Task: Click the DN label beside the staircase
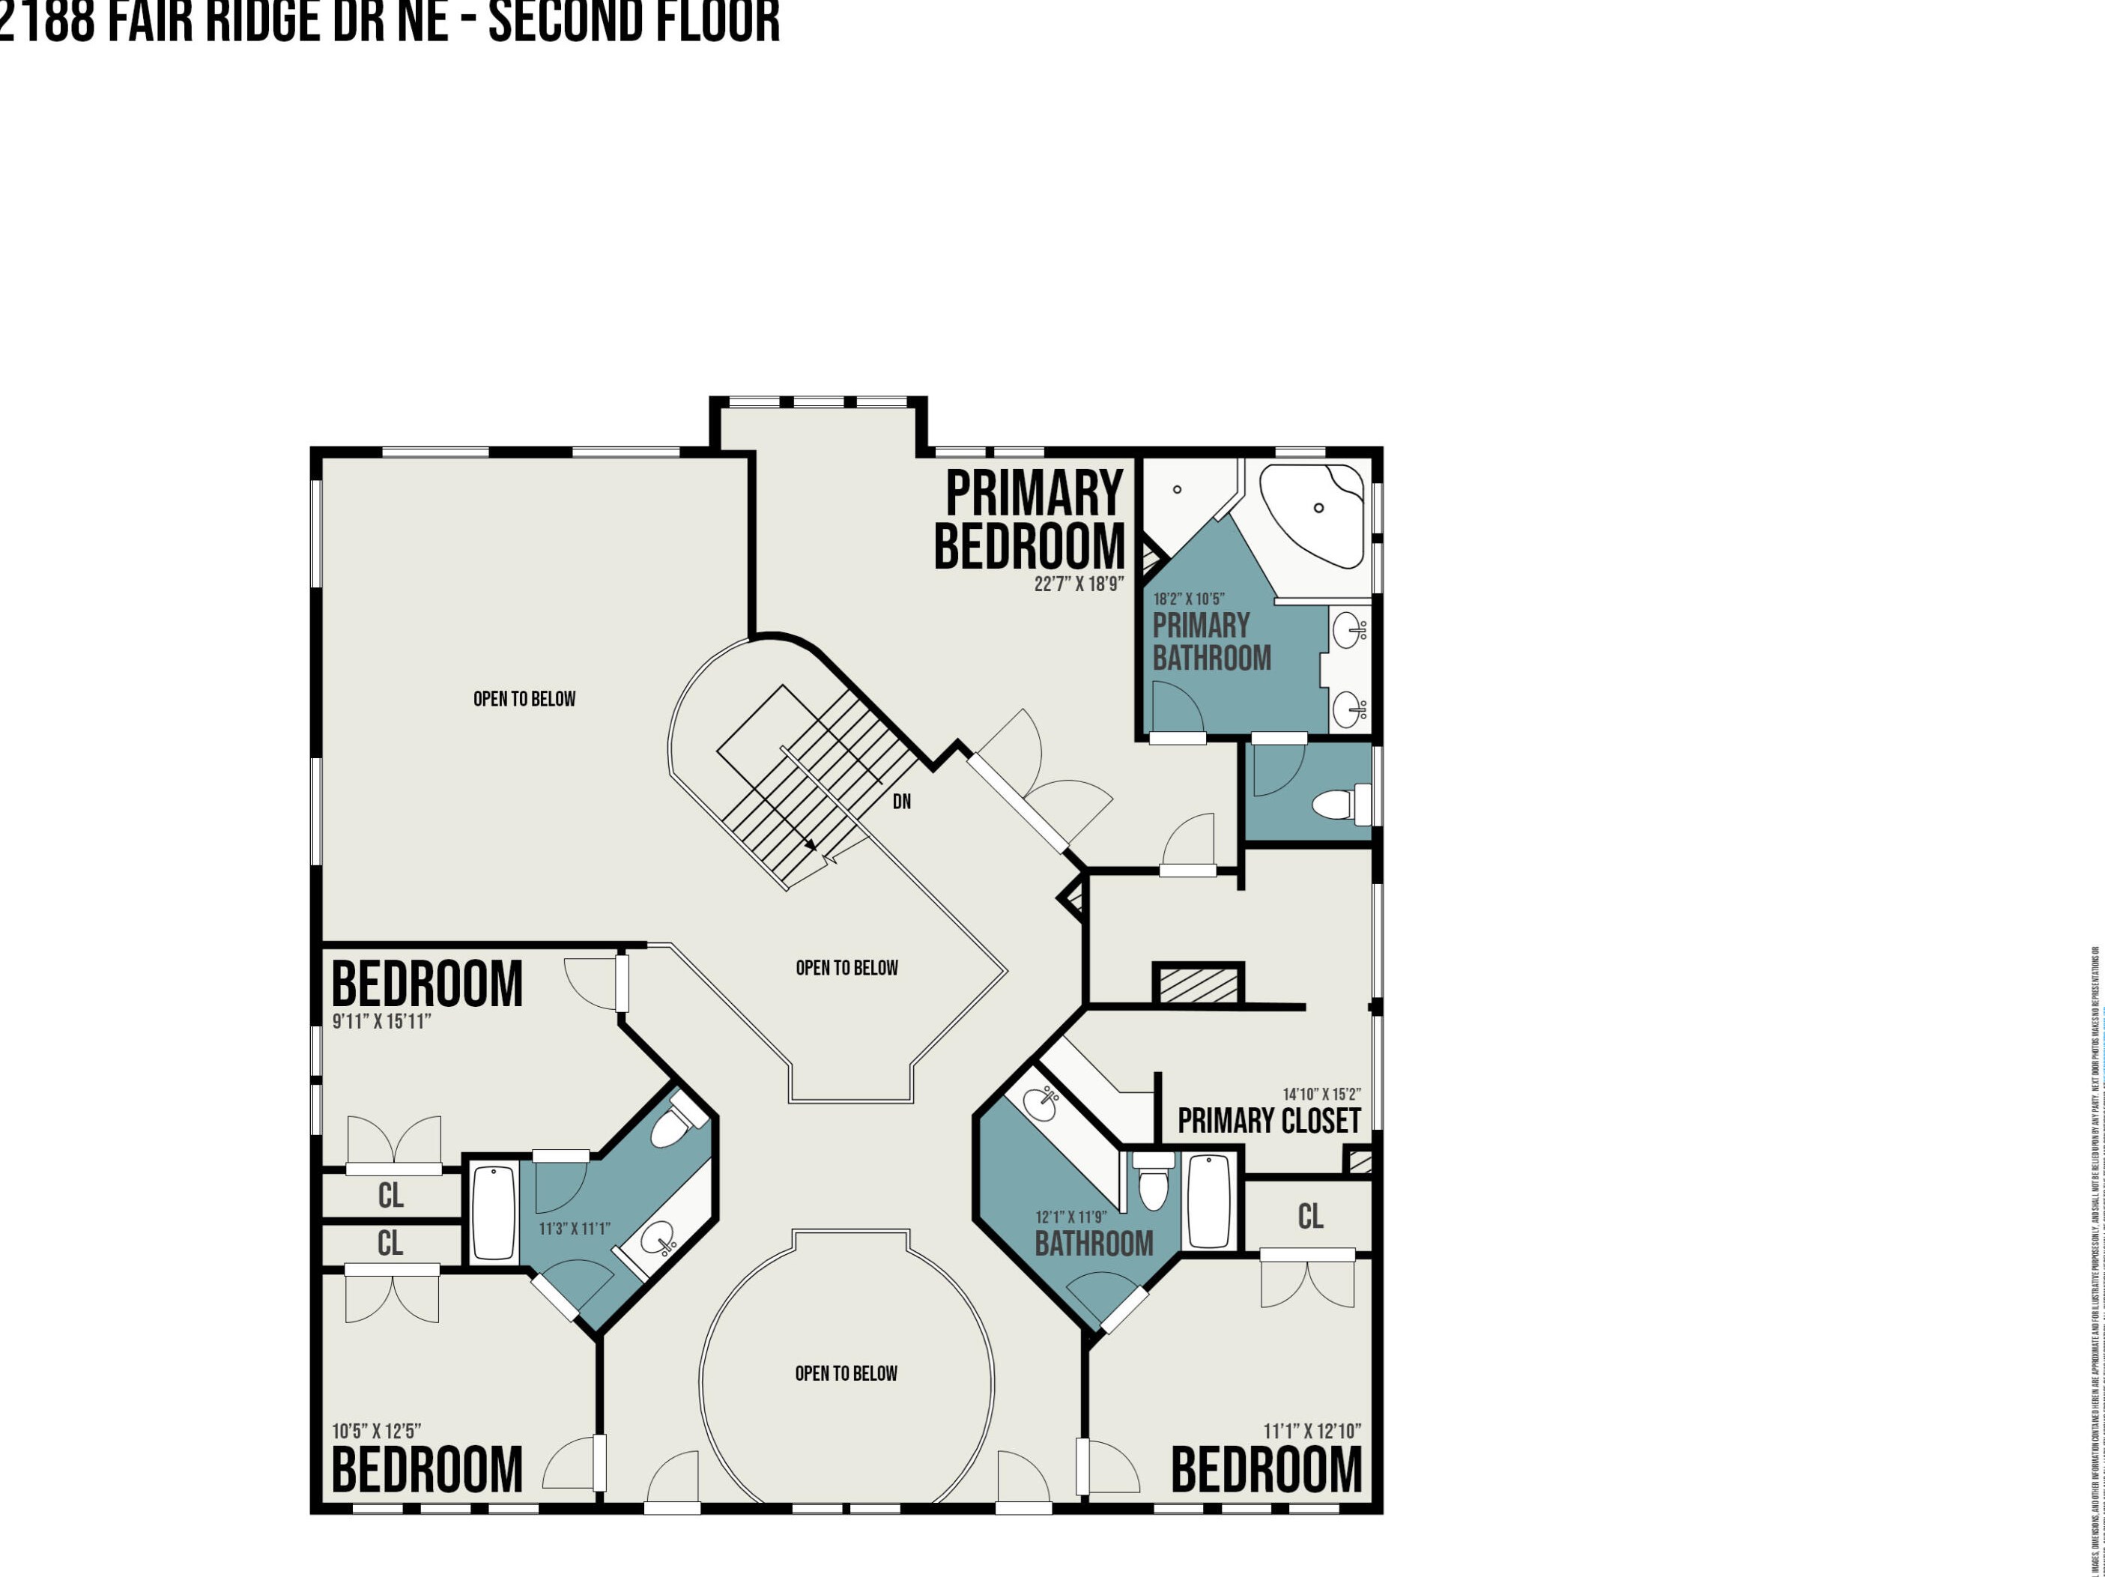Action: [901, 802]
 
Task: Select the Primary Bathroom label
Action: [1211, 641]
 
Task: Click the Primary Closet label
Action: [1268, 1121]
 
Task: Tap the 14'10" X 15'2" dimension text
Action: [1321, 1095]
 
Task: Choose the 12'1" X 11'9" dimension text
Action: [1070, 1217]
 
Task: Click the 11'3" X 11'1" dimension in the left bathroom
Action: [574, 1229]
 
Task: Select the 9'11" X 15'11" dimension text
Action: [381, 1021]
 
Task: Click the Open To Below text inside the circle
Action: [846, 1373]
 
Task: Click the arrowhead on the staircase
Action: [810, 844]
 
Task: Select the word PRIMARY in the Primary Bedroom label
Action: [1035, 494]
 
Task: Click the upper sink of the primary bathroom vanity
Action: [1348, 630]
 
